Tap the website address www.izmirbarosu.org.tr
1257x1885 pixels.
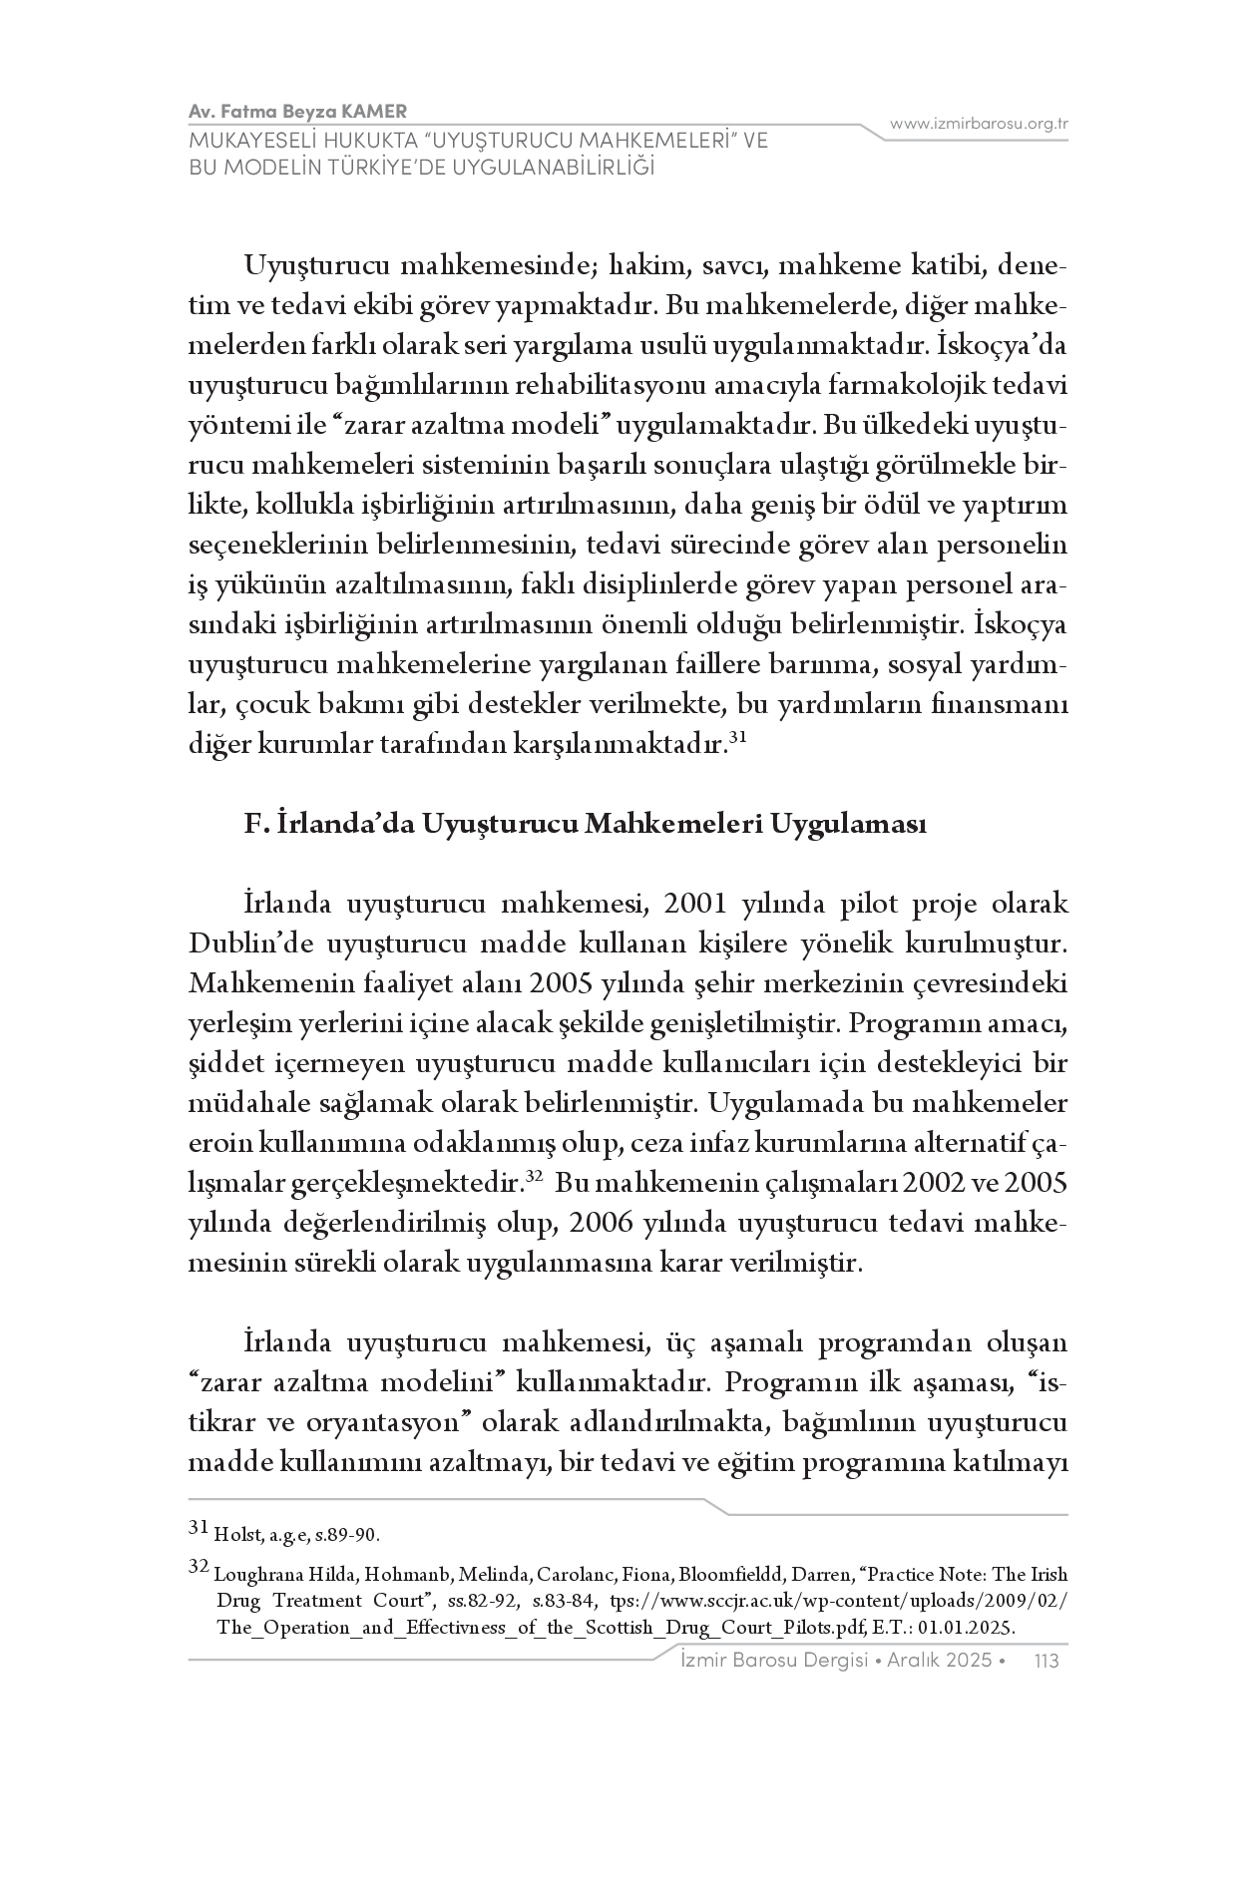click(980, 124)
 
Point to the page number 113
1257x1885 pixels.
click(1047, 1661)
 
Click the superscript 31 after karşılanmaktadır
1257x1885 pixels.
click(737, 738)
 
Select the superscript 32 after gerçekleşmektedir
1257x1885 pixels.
click(534, 1177)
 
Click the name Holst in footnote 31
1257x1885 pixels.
click(232, 1534)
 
